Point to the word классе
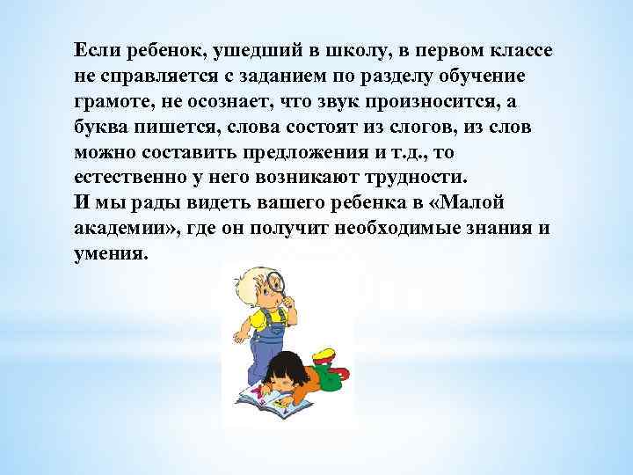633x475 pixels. point(511,49)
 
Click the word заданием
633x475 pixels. point(280,76)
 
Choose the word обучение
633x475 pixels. point(497,76)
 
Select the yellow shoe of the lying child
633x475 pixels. point(324,355)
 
